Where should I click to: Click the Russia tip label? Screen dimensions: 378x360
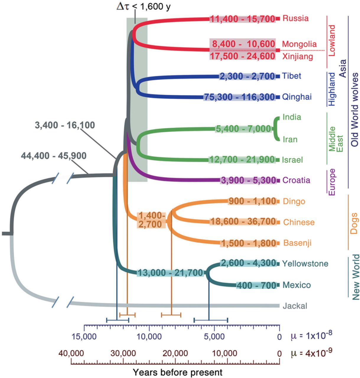click(295, 18)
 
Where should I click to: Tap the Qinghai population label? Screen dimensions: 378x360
click(297, 97)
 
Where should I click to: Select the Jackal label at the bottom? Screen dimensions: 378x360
click(295, 306)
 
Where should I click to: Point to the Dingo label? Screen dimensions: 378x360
click(294, 201)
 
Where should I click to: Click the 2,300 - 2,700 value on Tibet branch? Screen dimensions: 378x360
click(247, 76)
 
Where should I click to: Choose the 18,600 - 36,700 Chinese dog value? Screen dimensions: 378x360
click(243, 221)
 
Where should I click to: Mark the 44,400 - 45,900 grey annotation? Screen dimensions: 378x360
click(54, 156)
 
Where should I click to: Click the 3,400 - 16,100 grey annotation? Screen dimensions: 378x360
click(65, 125)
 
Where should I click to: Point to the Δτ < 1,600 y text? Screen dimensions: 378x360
click(144, 7)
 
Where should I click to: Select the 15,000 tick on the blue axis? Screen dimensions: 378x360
click(84, 336)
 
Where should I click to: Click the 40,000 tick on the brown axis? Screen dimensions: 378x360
click(71, 353)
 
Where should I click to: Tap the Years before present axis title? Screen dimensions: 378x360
click(177, 372)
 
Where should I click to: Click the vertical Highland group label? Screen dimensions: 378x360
click(332, 89)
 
